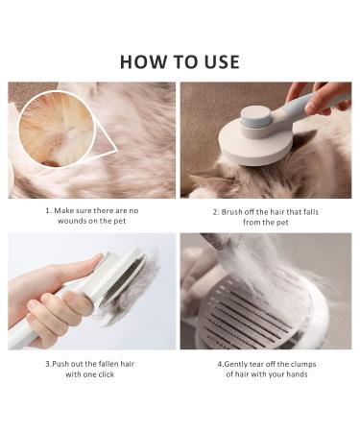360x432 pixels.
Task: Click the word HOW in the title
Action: [x=140, y=61]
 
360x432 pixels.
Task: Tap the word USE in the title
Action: [x=220, y=61]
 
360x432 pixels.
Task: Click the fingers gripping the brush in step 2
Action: [x=331, y=94]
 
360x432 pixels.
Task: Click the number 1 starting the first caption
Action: [x=47, y=209]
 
